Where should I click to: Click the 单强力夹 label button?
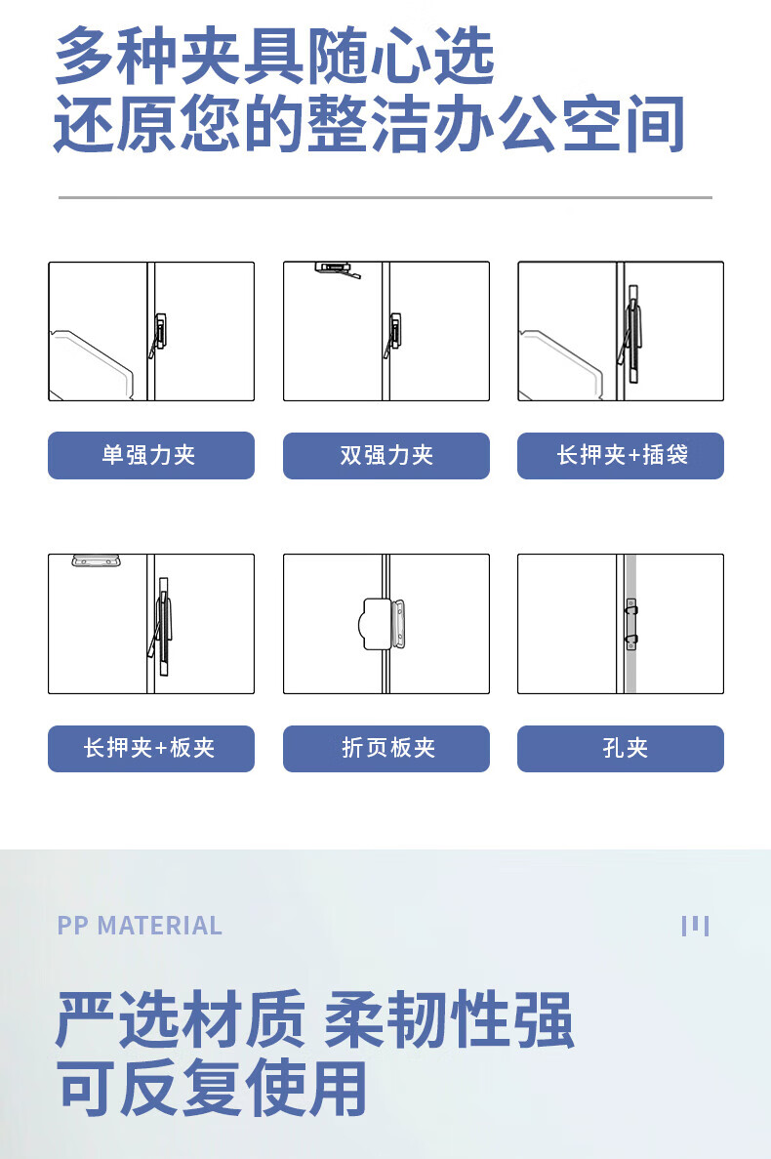pos(151,455)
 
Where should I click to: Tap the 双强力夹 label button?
pos(386,455)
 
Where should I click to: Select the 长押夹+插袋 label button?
pos(621,455)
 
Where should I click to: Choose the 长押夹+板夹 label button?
pos(151,749)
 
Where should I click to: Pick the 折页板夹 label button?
pos(386,749)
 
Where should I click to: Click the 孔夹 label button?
pos(621,749)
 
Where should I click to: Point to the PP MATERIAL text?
pos(140,926)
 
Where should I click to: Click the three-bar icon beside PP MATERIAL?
pos(696,926)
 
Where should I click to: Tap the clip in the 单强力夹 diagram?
pos(159,335)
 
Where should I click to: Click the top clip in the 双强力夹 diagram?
pos(337,269)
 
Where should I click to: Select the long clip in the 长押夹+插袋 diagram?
pos(630,333)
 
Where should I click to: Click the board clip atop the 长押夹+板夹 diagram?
pos(97,560)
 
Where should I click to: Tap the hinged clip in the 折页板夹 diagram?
pos(383,624)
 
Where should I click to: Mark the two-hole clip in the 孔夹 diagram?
pos(631,625)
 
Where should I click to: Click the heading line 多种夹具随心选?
pos(274,55)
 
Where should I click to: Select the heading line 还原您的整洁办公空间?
pos(369,123)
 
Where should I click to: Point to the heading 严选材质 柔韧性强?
pos(314,1020)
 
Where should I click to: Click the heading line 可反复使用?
pos(212,1088)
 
